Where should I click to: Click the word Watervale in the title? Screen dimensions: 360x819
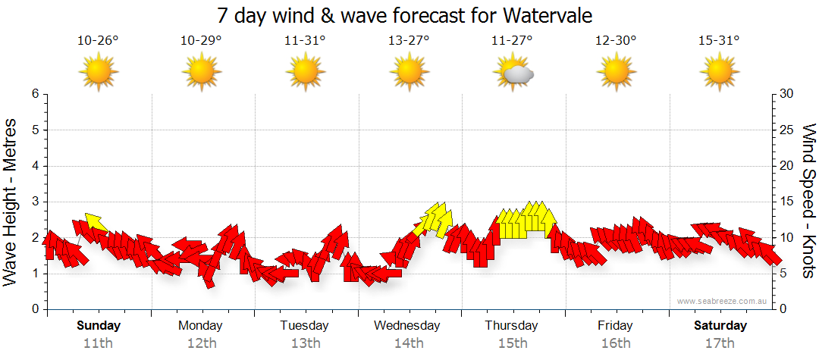click(x=544, y=15)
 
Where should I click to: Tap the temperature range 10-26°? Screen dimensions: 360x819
click(x=98, y=41)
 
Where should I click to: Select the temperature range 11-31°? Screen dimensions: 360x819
click(x=305, y=41)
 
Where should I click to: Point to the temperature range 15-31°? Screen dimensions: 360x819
click(x=719, y=41)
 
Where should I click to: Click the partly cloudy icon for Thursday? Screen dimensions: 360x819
click(x=514, y=73)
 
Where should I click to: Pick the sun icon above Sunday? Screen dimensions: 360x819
click(x=99, y=73)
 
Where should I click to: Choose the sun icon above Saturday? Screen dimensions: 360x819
click(x=719, y=73)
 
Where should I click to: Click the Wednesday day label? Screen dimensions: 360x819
click(x=407, y=326)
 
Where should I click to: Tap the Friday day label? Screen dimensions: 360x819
click(x=615, y=326)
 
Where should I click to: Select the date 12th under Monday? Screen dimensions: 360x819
click(x=201, y=343)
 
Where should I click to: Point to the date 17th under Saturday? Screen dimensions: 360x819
click(x=720, y=343)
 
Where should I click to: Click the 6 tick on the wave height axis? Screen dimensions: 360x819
click(x=34, y=94)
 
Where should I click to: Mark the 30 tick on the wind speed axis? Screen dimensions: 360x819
click(x=786, y=94)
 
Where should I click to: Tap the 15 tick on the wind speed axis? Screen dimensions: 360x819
click(x=786, y=202)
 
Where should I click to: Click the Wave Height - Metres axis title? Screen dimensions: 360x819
click(x=11, y=202)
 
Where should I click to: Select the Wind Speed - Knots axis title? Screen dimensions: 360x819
click(x=808, y=202)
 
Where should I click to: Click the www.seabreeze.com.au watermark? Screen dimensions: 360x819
click(x=723, y=301)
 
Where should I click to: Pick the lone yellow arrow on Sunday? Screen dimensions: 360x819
click(x=96, y=221)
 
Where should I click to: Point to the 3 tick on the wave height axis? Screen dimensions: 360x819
click(x=34, y=202)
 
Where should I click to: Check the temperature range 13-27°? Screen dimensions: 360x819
click(x=409, y=41)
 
